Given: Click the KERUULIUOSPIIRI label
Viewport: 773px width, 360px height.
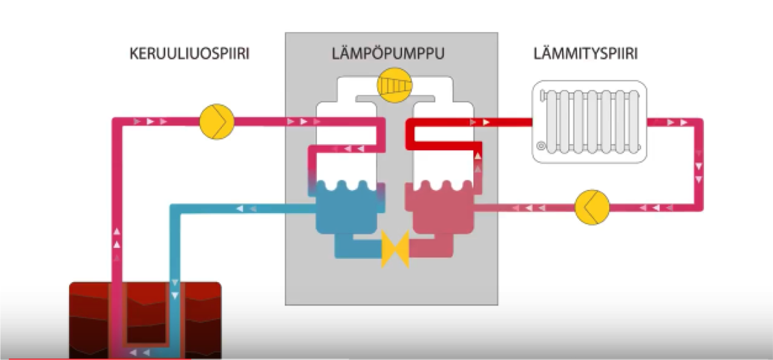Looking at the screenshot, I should coord(189,54).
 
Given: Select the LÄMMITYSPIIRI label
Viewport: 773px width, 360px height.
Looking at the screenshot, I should coord(585,54).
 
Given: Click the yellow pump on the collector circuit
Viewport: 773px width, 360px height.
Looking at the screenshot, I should coord(217,122).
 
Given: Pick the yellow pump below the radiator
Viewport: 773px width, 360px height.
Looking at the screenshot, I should coord(591,207).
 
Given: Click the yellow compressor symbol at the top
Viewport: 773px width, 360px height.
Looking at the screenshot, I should coord(395,85).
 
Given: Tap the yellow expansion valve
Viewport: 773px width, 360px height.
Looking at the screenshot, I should coord(395,248).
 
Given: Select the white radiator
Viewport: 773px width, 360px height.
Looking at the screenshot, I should coord(589,122).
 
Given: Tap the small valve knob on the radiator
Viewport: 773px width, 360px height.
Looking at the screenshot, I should coord(542,146).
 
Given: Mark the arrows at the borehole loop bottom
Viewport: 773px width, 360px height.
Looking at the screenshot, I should coord(139,352).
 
